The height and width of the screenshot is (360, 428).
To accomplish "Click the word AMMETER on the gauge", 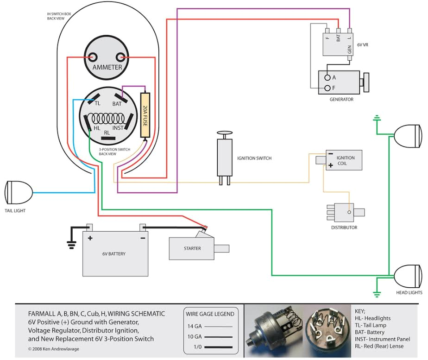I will [107, 67].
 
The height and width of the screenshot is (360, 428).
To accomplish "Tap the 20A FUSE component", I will [145, 115].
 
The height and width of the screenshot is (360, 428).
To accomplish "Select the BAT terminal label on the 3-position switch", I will [117, 104].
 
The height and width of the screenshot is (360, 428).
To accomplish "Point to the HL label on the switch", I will [97, 127].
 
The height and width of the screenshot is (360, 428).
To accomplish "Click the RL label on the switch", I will [107, 133].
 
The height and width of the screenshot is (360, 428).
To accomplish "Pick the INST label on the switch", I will [118, 127].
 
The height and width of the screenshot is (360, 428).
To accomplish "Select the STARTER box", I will [192, 248].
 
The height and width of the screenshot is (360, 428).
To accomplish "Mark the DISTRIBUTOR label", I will [344, 227].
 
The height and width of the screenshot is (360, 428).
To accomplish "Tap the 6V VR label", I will [363, 45].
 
